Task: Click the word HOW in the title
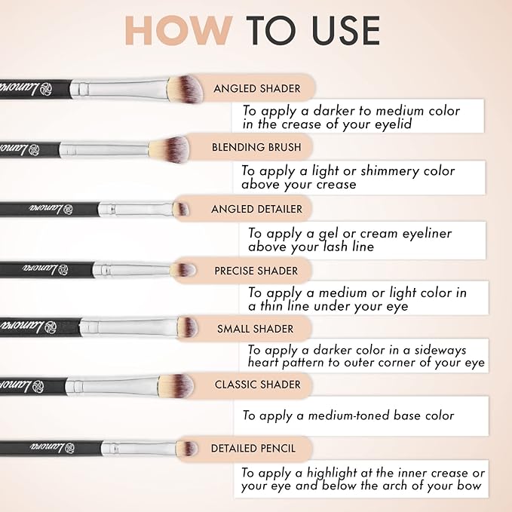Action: pyautogui.click(x=178, y=29)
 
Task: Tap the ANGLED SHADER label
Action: pyautogui.click(x=256, y=88)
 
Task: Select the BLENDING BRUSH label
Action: pyautogui.click(x=256, y=147)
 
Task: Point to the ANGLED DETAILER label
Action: pyautogui.click(x=256, y=209)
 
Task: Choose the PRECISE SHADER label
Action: pyautogui.click(x=256, y=270)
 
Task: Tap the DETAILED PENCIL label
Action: pyautogui.click(x=253, y=449)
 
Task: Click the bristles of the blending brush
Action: pyautogui.click(x=169, y=146)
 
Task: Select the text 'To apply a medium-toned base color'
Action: pyautogui.click(x=348, y=415)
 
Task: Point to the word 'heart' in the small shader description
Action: pyautogui.click(x=265, y=363)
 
